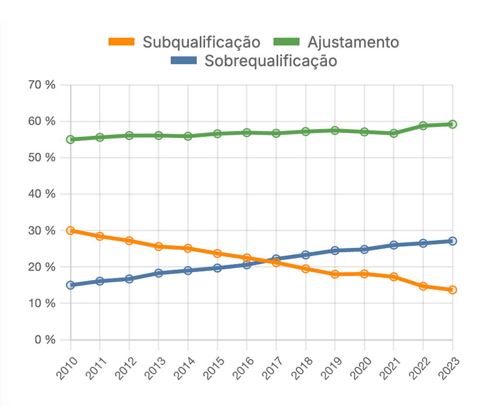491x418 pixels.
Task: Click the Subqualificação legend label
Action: coord(202,42)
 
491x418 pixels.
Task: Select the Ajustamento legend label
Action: coord(353,42)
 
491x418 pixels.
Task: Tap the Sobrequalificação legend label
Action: coord(271,61)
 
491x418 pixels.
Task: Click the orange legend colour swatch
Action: coord(122,42)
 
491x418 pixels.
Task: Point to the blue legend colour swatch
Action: coord(184,61)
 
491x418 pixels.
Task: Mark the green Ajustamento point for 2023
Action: coord(452,124)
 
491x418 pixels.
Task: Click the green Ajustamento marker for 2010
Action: coord(71,140)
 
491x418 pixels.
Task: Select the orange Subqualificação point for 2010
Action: coord(71,230)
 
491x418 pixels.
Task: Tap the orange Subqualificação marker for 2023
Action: coord(452,289)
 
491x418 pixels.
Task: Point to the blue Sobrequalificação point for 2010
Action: coord(71,285)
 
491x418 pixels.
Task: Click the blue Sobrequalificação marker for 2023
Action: coord(452,241)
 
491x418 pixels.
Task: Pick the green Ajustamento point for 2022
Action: coord(423,125)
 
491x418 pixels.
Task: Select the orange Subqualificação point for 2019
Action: coord(335,274)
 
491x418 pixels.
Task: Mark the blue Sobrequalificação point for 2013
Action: coord(159,273)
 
